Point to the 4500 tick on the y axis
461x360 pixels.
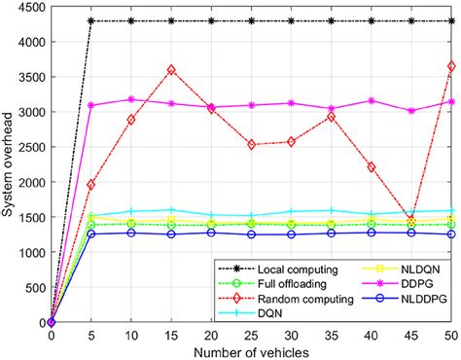tap(33, 9)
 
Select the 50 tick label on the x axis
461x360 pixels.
tap(451, 334)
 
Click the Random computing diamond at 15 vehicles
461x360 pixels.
tap(171, 70)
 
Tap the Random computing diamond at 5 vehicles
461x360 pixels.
tap(91, 184)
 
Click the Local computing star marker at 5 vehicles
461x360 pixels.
tap(91, 21)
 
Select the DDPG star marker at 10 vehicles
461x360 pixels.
tap(131, 99)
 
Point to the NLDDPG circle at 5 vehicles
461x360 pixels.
tap(91, 234)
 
